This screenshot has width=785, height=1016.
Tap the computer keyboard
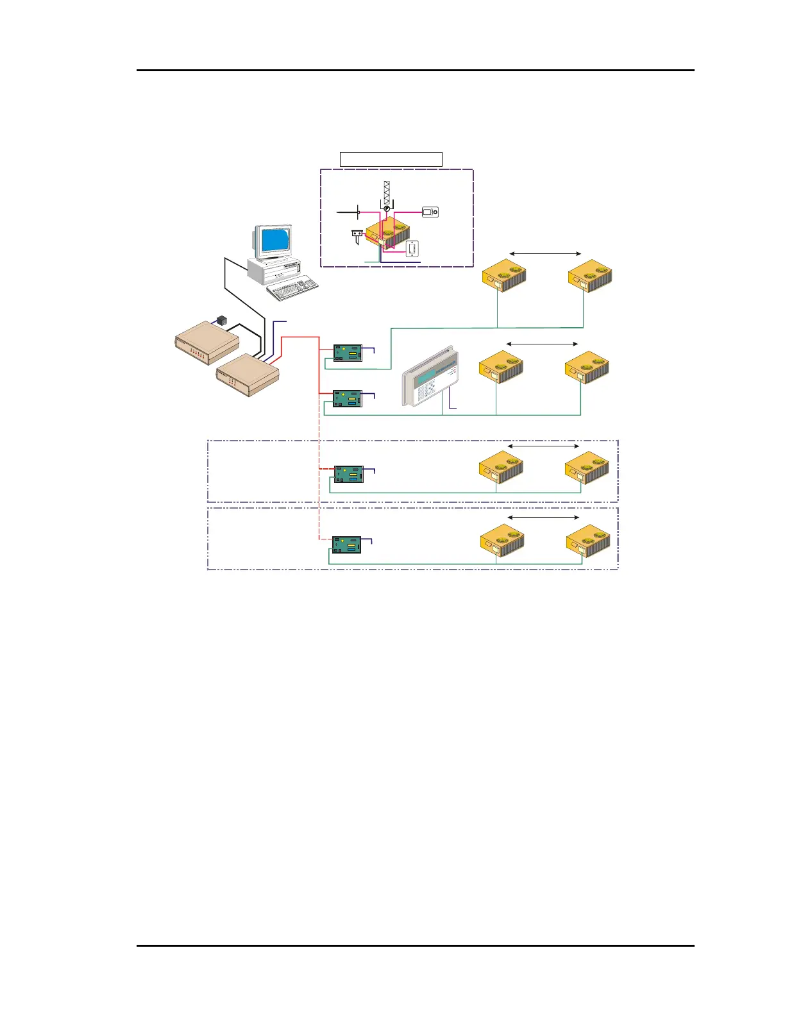(292, 288)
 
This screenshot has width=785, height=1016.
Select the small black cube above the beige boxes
(222, 319)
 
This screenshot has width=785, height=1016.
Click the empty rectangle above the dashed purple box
(391, 159)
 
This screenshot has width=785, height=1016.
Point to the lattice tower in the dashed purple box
(387, 192)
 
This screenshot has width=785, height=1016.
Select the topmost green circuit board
(348, 353)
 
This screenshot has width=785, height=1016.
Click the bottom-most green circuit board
(346, 545)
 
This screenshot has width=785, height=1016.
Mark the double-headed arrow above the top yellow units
(544, 254)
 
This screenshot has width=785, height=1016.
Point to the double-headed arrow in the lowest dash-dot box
(543, 517)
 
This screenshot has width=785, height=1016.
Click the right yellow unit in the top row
(590, 276)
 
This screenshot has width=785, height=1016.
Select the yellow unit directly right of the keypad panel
(502, 366)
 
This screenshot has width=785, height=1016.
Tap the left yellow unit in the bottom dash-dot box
(503, 541)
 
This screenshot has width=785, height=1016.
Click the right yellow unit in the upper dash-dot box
(587, 468)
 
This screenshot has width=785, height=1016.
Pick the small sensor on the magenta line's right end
(430, 212)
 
